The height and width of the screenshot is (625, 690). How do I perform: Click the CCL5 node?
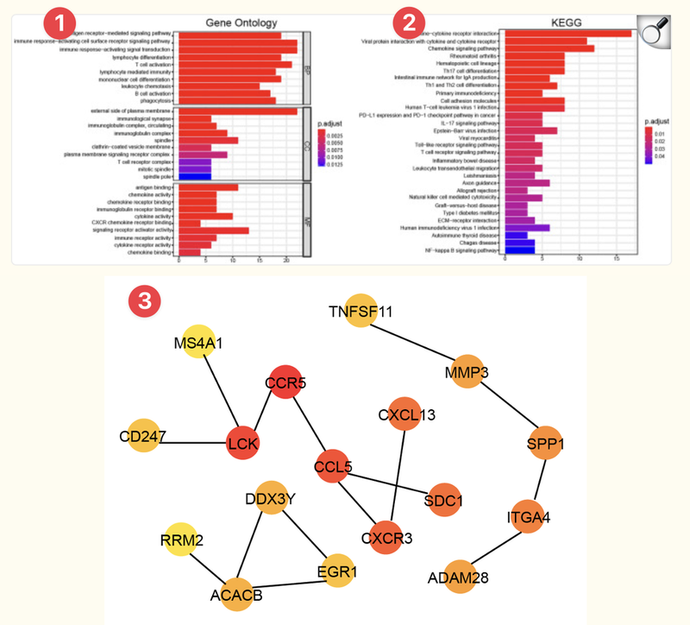333,467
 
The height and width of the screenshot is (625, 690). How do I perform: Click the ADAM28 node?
454,578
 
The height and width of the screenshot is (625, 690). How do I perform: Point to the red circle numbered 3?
142,300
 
